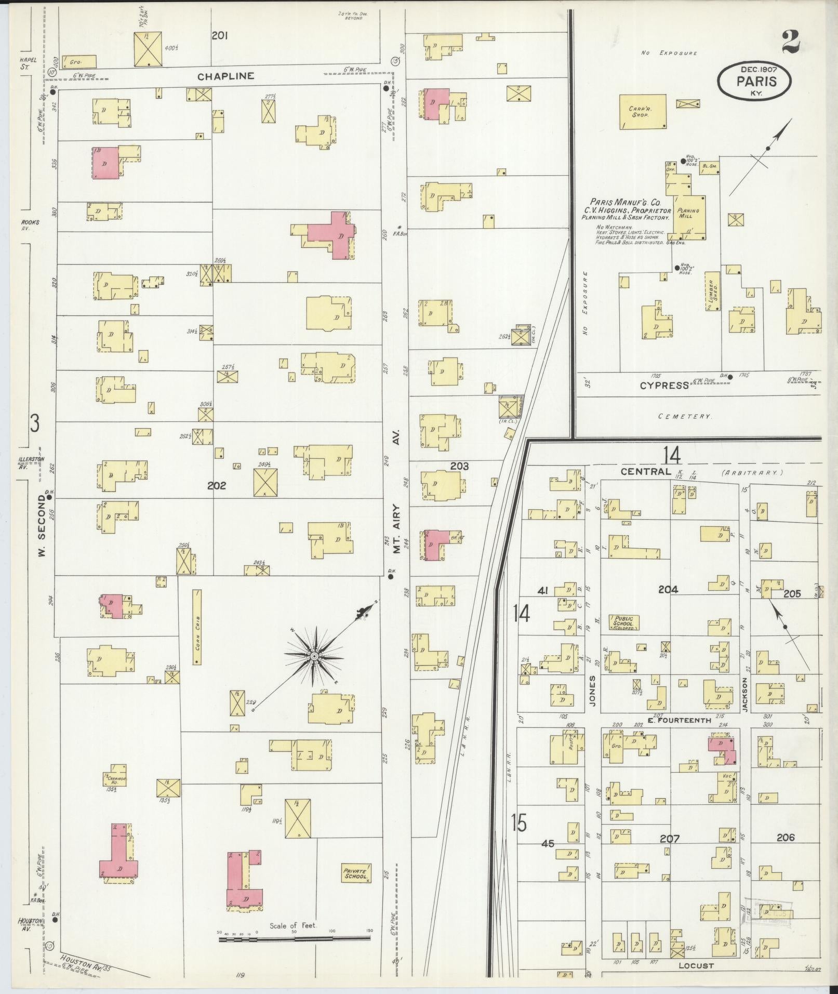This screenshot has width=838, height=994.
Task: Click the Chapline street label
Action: pos(225,76)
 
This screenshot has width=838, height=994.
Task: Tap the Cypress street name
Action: pos(664,385)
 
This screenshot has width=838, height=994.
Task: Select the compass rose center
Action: pos(314,657)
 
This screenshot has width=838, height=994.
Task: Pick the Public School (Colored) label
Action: pos(626,623)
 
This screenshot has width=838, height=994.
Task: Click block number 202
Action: pos(217,485)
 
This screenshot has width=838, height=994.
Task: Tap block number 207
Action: pos(670,838)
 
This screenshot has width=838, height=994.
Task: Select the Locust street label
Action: pos(696,965)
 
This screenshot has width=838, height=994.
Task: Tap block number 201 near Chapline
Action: pos(219,36)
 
